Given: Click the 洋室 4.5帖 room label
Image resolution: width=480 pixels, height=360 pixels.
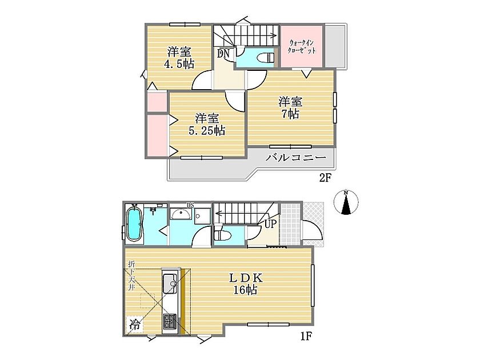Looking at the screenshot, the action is pos(179,58).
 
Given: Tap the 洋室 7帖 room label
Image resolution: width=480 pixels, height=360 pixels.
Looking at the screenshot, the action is pos(290,107).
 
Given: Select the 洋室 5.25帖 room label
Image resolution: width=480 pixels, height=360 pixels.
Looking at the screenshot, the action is pos(207,125).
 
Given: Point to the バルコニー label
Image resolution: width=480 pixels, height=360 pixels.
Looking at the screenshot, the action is pos(296,158).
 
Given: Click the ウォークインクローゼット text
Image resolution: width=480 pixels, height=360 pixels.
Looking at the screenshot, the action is pos(302,47).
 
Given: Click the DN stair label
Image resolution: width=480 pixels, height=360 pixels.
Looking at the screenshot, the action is pos(223,54).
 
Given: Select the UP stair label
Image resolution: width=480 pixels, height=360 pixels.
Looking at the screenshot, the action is pos(270,224).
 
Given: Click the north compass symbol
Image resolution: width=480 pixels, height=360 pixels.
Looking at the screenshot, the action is pos(346,202).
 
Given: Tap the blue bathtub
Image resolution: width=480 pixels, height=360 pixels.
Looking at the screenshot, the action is pos(134,224).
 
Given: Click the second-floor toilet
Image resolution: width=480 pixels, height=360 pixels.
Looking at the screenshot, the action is pos(266,58).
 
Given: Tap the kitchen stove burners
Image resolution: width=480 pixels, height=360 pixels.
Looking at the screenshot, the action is pos(169,321).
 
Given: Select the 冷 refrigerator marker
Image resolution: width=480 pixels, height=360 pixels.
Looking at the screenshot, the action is pos(134,324).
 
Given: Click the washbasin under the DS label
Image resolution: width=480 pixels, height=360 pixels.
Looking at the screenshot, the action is pos(181,214).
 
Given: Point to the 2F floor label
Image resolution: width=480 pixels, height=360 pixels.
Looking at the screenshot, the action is pos(325,178).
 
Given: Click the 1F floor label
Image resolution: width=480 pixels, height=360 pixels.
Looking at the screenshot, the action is pos(306,337).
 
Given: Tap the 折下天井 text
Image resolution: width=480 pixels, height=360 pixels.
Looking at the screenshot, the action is pos(131,275).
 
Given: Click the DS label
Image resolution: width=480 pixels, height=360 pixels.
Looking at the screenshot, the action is pos(190,205).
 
